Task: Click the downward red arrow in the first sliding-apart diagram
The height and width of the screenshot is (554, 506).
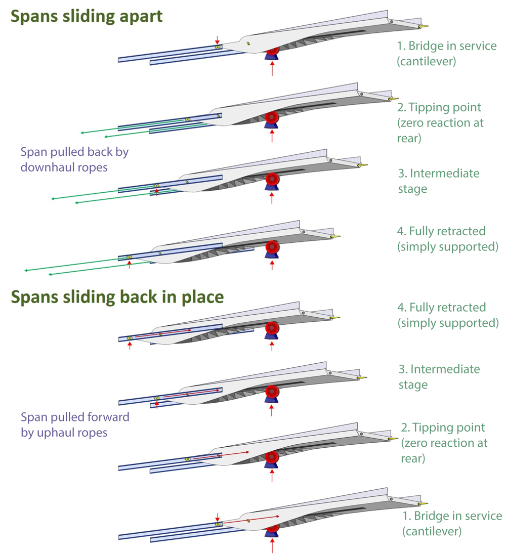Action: (217, 40)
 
